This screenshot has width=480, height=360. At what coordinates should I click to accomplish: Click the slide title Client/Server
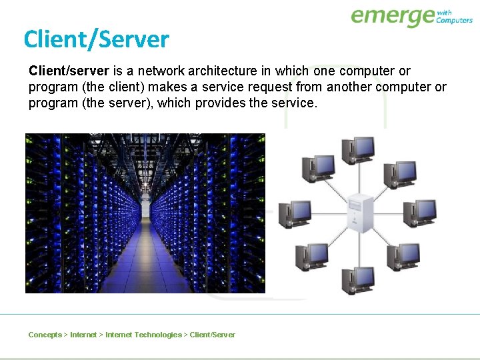96,40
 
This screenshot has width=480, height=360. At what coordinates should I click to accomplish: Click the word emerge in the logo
392,16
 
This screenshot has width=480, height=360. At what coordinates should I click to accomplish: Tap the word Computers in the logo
454,21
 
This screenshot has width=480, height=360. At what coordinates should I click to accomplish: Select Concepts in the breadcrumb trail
45,335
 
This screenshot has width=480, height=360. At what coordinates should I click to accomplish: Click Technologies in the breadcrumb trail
157,335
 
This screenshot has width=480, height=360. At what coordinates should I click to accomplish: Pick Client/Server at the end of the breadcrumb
213,335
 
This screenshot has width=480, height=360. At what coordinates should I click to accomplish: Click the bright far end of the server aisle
145,208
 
